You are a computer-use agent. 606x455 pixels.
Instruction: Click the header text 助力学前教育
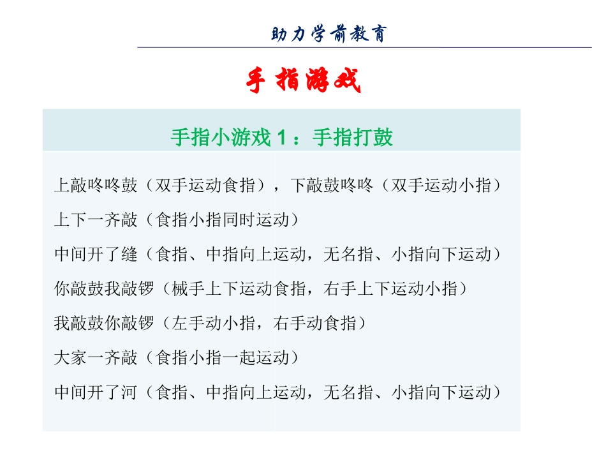click(x=329, y=34)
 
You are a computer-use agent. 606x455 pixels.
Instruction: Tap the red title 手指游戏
click(x=304, y=81)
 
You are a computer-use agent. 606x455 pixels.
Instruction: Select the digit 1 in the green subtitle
click(x=282, y=137)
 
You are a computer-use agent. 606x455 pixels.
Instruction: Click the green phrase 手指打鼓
click(x=353, y=137)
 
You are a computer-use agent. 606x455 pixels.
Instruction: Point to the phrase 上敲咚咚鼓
click(x=95, y=186)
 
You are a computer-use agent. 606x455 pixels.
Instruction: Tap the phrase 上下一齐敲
click(x=95, y=220)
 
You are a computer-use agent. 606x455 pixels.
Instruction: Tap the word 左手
click(x=188, y=324)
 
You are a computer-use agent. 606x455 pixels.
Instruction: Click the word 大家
click(x=71, y=358)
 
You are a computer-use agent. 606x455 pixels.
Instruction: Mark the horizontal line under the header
click(x=364, y=48)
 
